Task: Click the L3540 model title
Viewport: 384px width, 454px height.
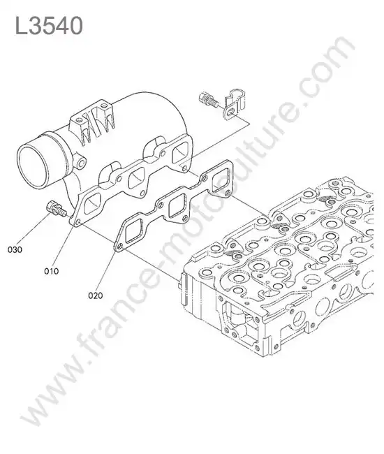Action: point(49,25)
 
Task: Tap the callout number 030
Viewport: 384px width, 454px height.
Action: point(15,249)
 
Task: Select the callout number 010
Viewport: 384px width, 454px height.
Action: point(51,271)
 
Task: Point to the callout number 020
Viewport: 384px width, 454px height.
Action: point(96,295)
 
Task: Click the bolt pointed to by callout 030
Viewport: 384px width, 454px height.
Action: point(55,208)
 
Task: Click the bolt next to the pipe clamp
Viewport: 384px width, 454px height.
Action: point(208,100)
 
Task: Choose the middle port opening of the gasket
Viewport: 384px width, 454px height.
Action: point(176,205)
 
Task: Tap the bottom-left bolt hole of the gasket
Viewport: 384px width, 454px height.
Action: point(119,247)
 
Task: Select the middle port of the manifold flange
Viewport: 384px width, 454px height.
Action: point(136,177)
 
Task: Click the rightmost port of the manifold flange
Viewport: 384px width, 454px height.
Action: point(179,152)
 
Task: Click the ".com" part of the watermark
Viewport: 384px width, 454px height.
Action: point(323,79)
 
